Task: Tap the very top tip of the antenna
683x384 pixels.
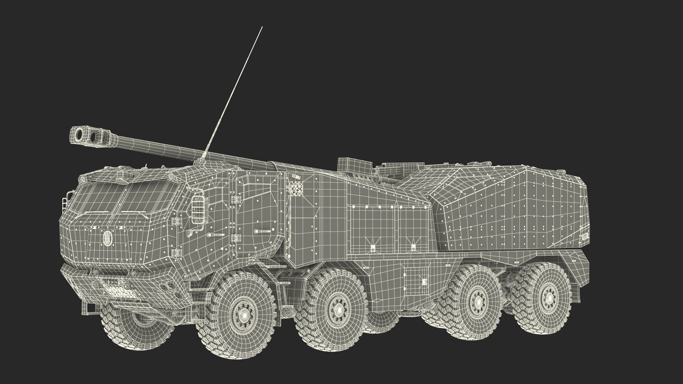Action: tap(262, 27)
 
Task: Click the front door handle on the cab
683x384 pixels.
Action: tap(215, 235)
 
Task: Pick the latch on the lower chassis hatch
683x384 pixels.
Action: tap(424, 282)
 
